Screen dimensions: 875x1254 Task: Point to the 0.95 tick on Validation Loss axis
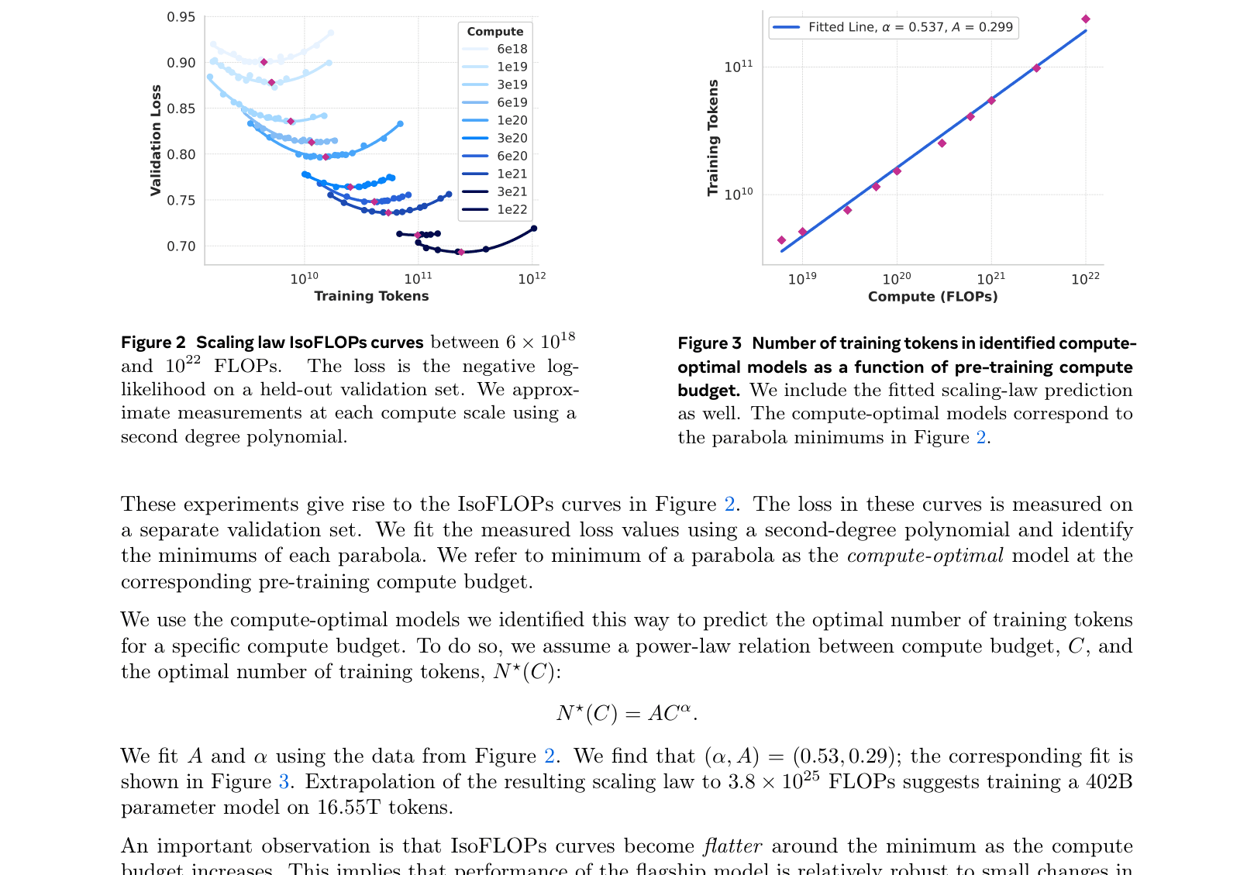point(181,17)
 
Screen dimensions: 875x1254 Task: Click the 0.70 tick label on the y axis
point(181,246)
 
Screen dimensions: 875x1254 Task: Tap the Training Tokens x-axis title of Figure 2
point(371,296)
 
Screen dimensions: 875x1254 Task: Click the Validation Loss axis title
point(156,140)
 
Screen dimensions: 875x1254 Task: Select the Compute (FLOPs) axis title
point(932,296)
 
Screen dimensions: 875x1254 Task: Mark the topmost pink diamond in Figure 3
point(1086,19)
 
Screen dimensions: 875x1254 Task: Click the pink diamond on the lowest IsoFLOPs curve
point(460,252)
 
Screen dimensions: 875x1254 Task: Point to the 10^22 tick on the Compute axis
point(1085,279)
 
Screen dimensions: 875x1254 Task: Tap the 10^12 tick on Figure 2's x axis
point(532,278)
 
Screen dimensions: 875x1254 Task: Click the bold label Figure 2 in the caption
point(153,343)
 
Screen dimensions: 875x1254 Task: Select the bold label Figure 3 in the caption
point(709,343)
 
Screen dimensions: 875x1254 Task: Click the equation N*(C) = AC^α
point(626,713)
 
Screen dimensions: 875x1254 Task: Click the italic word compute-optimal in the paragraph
point(925,556)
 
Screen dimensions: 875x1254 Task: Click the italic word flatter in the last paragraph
point(732,846)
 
